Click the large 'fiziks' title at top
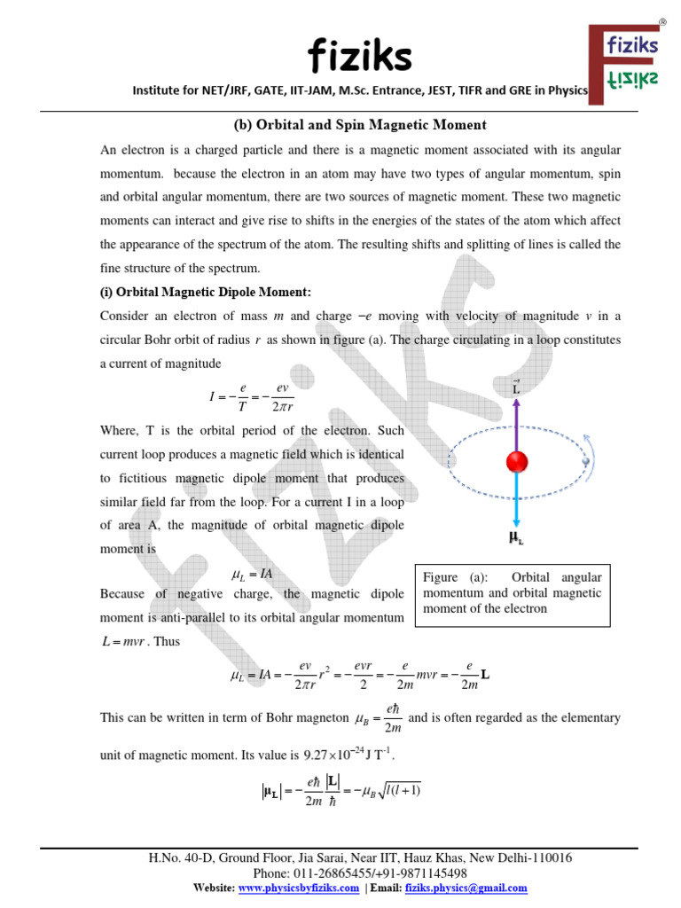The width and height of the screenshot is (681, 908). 359,58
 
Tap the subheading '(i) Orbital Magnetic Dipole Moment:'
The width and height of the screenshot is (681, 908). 206,293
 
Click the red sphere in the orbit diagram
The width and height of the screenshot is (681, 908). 517,463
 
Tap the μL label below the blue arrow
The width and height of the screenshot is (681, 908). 516,536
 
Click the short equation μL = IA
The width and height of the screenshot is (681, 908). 252,575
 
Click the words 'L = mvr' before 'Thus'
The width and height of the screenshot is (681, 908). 125,641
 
